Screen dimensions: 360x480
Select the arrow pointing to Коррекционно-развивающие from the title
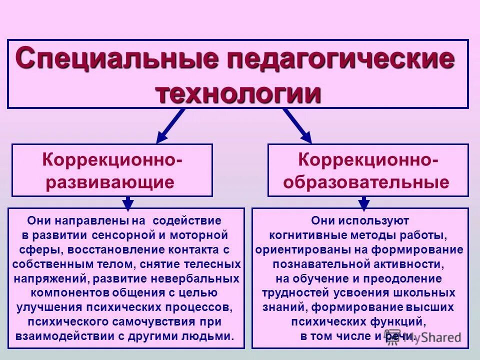(170, 126)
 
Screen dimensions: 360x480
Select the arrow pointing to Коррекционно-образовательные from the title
(298, 126)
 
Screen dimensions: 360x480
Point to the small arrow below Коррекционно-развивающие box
(128, 202)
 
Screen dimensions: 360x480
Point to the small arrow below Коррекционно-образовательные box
(364, 202)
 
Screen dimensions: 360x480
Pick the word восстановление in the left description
(103, 249)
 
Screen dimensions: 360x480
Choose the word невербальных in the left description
(202, 278)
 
